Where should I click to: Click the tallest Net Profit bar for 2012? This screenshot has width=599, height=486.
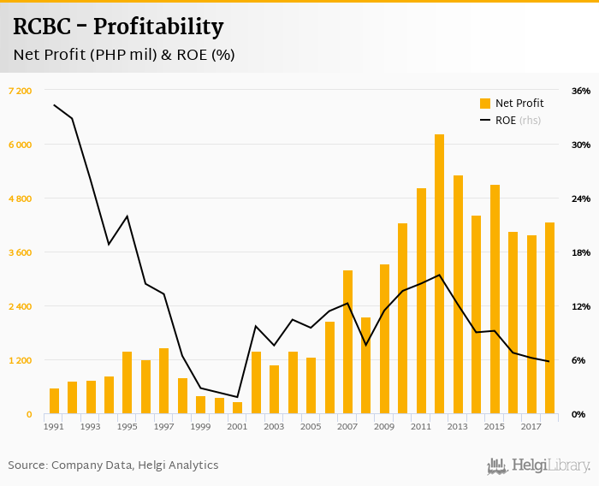(439, 274)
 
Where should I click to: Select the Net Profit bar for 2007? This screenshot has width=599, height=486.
(347, 342)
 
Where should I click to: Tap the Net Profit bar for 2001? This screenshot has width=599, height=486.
(237, 408)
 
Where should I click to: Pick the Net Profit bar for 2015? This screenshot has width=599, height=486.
(495, 299)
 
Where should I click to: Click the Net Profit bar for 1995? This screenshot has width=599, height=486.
(127, 382)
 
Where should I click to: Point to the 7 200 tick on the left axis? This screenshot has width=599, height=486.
(20, 91)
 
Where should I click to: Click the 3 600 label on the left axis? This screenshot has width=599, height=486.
(20, 252)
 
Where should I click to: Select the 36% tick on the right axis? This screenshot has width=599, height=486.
(581, 91)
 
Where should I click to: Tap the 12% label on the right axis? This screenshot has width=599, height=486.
(581, 306)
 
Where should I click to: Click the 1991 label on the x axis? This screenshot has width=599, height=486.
(54, 427)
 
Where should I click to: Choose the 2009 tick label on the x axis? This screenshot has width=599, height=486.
(384, 427)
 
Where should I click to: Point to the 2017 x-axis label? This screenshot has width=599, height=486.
(531, 427)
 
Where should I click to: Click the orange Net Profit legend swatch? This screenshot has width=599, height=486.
(485, 104)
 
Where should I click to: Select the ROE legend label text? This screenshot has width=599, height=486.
(506, 121)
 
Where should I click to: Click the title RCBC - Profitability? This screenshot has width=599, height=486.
(118, 27)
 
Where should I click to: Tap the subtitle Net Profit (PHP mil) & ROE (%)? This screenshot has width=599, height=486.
(124, 55)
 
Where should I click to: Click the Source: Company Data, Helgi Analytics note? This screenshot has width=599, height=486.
(113, 465)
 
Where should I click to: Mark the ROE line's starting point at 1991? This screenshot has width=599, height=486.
(54, 105)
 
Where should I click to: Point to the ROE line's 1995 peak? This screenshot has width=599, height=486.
(128, 216)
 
